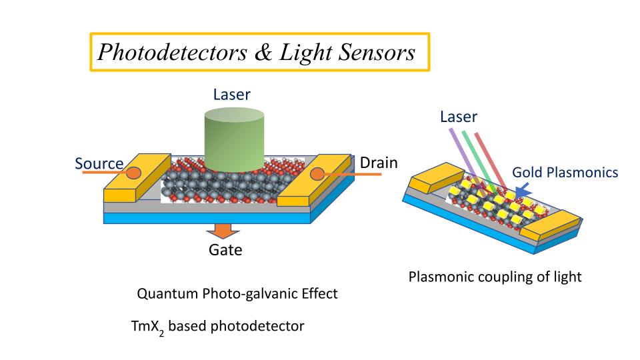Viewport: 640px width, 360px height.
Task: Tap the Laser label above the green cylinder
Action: point(231,95)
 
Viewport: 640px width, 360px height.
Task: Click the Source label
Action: point(99,164)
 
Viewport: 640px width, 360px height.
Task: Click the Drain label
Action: point(379,163)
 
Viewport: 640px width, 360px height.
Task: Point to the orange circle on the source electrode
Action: point(134,173)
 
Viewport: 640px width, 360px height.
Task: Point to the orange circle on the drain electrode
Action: point(317,175)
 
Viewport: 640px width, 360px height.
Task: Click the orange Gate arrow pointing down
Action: point(221,231)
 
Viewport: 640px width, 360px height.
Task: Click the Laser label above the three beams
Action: point(459,117)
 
